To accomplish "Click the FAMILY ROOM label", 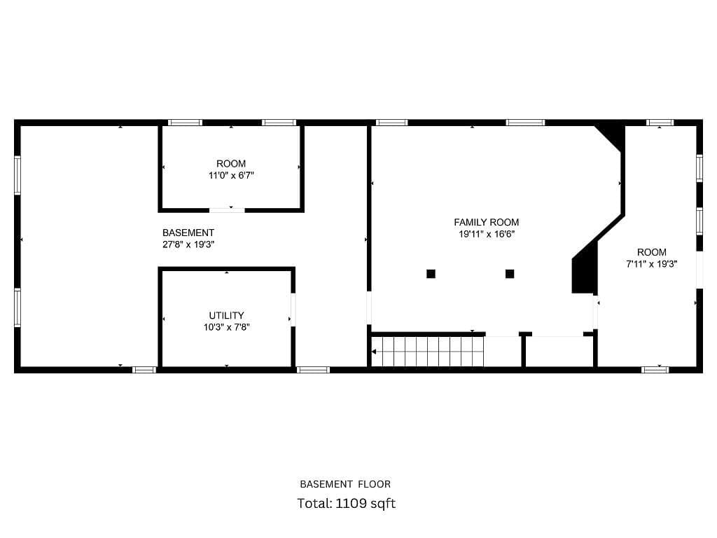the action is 486,222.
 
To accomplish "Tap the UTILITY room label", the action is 226,316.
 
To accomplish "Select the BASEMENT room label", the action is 188,233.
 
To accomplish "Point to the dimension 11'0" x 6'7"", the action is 231,176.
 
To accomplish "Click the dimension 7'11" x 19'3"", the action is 652,264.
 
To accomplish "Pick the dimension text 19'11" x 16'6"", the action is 487,234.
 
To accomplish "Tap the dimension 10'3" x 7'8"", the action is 226,328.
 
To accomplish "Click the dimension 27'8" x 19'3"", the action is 188,244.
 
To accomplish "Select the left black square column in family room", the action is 431,274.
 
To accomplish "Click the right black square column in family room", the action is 510,274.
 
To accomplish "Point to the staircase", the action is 428,352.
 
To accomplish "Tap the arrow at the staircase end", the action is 374,352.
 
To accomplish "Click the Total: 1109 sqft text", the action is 346,504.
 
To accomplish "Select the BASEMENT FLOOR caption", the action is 345,484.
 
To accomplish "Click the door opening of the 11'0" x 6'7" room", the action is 228,210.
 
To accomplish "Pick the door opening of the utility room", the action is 293,310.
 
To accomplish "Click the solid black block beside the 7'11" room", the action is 585,270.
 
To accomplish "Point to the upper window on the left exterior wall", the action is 18,175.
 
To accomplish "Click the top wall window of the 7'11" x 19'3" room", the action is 660,123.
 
